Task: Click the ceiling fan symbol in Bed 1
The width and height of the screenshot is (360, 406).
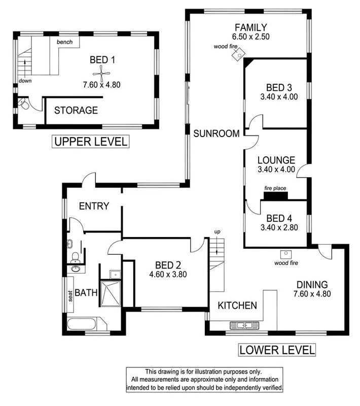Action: [x=103, y=74]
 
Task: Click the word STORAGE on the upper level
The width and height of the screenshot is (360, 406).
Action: [x=76, y=110]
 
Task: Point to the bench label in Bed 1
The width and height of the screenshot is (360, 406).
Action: [x=64, y=42]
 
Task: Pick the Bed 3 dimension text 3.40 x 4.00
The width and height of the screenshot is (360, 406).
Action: [x=276, y=96]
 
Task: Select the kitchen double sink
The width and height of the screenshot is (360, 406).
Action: [x=244, y=325]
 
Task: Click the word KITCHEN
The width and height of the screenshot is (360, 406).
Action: [x=237, y=306]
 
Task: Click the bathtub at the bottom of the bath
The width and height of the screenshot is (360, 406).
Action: [x=85, y=325]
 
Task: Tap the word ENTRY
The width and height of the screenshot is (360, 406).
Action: [x=94, y=206]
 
